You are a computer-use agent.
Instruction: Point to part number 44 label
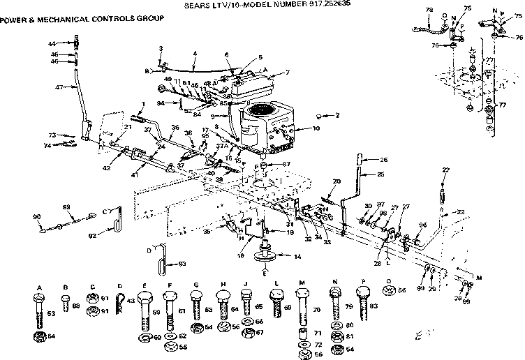pos(52,44)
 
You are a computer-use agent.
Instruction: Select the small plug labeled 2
pos(319,115)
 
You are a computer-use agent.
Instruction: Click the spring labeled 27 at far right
pos(443,190)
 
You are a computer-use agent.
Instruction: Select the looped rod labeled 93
pos(163,257)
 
